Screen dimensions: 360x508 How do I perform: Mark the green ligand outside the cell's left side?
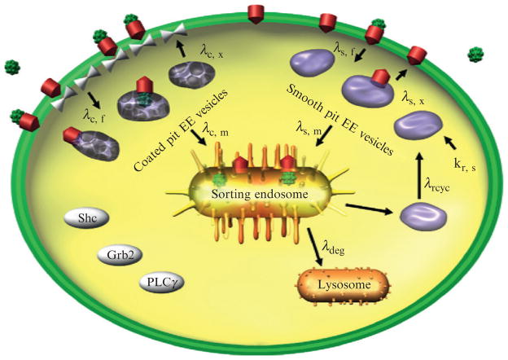tap(12, 65)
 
